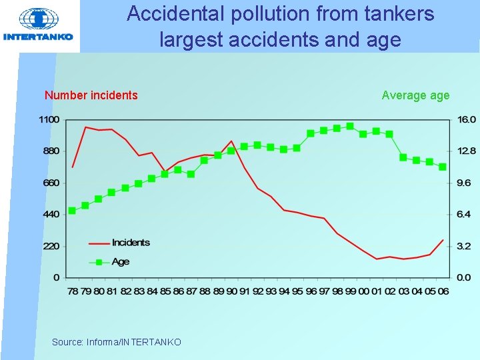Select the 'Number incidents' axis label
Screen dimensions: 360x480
[x=91, y=95]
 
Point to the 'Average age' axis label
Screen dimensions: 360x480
[x=415, y=95]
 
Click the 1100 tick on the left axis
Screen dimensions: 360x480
[x=49, y=119]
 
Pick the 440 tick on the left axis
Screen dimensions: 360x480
[x=51, y=215]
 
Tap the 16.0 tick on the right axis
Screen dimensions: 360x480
[x=466, y=119]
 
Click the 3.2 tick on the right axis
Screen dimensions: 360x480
[x=464, y=246]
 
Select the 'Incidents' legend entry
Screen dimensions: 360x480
[x=131, y=243]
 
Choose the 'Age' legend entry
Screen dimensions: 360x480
[x=121, y=262]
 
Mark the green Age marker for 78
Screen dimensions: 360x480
[x=72, y=211]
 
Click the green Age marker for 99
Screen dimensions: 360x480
[x=350, y=127]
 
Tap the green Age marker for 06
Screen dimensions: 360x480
[x=443, y=167]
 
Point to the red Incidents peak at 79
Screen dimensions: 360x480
[x=85, y=127]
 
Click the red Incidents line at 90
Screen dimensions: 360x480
[x=231, y=141]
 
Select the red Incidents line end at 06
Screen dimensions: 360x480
[x=443, y=240]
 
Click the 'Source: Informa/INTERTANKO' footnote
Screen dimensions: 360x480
[x=116, y=342]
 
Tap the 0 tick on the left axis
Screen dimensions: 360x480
[x=57, y=277]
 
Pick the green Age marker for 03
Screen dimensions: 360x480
[x=403, y=157]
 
